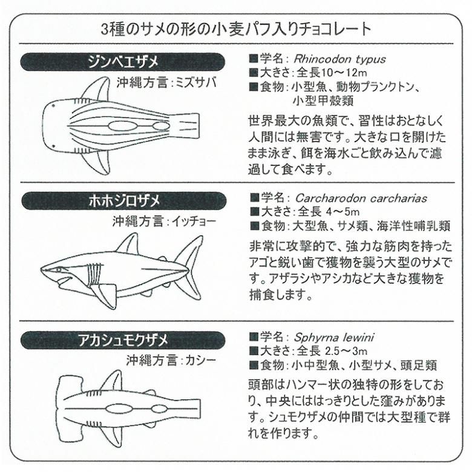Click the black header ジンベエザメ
click(122, 62)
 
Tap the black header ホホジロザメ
click(123, 201)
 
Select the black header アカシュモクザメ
click(123, 341)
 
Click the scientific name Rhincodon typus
click(339, 59)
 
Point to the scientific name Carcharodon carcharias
click(361, 198)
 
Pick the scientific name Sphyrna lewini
click(334, 338)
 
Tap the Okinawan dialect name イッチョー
click(194, 221)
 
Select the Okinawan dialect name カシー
click(201, 360)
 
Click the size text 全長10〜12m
click(332, 73)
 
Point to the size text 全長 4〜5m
click(329, 212)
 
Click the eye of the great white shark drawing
click(58, 270)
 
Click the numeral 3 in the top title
click(105, 29)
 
